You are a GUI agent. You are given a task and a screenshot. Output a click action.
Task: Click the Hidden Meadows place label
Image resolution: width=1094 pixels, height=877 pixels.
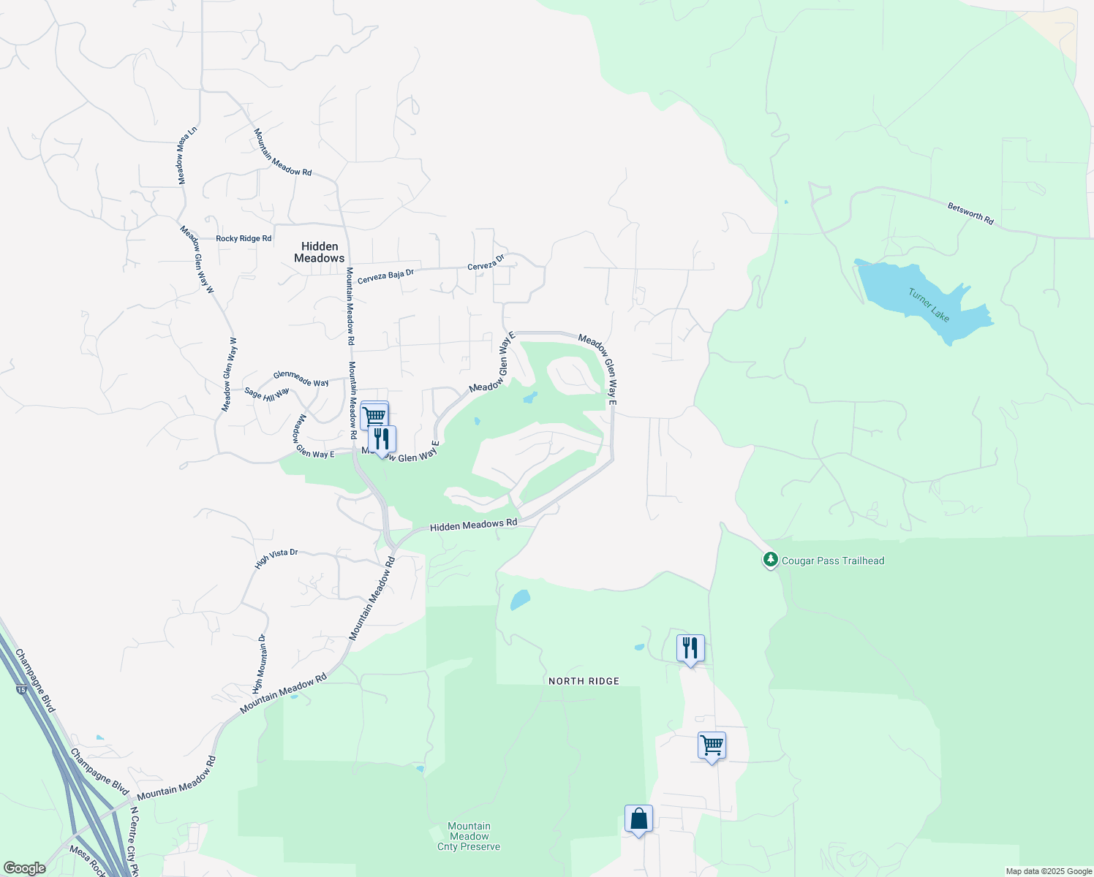(x=320, y=252)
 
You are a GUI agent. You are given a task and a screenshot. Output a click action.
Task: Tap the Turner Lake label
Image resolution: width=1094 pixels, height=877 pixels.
(x=929, y=305)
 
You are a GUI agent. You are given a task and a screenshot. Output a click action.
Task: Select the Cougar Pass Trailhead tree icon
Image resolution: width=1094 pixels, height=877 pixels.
(x=770, y=560)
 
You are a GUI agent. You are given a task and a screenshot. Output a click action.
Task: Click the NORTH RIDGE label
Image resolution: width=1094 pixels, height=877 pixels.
(x=584, y=681)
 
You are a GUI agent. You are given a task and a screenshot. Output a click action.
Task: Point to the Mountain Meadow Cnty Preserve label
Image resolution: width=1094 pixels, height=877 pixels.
(x=469, y=836)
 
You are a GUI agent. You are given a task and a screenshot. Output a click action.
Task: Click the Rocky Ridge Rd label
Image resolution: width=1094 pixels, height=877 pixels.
(x=244, y=239)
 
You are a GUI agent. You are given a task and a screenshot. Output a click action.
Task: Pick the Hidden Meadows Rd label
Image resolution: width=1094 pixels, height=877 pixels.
(x=473, y=525)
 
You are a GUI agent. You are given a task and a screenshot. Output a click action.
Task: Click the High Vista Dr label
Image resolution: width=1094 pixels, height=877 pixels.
(x=276, y=558)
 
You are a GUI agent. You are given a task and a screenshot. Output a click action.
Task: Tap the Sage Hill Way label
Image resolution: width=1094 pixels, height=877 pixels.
(x=267, y=392)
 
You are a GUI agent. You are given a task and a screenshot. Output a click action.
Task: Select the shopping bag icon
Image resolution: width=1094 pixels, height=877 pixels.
(x=638, y=819)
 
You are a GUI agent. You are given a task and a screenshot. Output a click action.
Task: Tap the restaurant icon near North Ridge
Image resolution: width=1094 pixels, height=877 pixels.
(x=690, y=648)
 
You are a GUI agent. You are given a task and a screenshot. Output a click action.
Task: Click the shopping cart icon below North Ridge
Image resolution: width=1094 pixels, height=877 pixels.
(x=712, y=745)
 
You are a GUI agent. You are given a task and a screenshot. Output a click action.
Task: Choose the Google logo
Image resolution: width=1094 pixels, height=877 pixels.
(x=23, y=868)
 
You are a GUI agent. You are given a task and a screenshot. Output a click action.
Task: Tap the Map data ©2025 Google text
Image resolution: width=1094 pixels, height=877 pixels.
(x=1048, y=871)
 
